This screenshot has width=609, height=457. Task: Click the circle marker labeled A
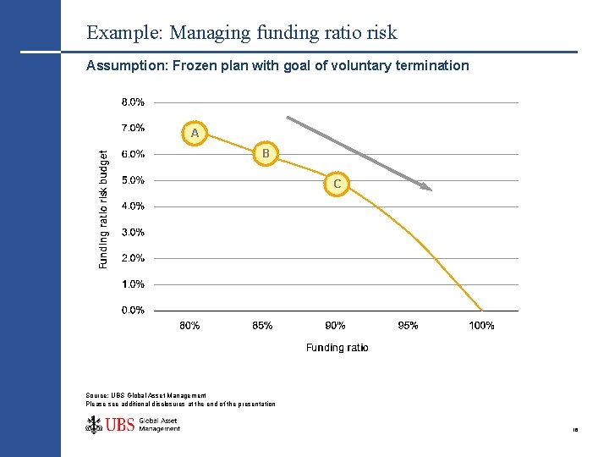(195, 133)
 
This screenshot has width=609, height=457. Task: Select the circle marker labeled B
(266, 153)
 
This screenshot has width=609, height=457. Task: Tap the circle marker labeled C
(337, 183)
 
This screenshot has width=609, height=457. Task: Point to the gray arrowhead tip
(431, 190)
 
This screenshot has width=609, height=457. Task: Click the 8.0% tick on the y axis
(133, 102)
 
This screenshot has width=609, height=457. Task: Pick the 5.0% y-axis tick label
(133, 179)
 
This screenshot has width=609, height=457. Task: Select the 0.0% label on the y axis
(133, 310)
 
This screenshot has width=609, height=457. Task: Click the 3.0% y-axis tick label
(133, 232)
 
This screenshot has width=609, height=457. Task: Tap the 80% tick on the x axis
(190, 326)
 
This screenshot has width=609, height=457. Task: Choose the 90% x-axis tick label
(336, 326)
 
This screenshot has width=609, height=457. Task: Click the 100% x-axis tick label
(481, 326)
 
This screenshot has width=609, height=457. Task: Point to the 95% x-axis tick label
(409, 326)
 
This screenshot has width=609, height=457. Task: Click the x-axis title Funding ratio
(337, 347)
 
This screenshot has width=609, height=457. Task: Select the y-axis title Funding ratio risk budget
(104, 209)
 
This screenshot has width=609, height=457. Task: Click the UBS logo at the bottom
(133, 425)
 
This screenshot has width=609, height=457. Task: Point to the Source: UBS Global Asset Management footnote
(145, 395)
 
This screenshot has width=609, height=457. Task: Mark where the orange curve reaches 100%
(482, 310)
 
